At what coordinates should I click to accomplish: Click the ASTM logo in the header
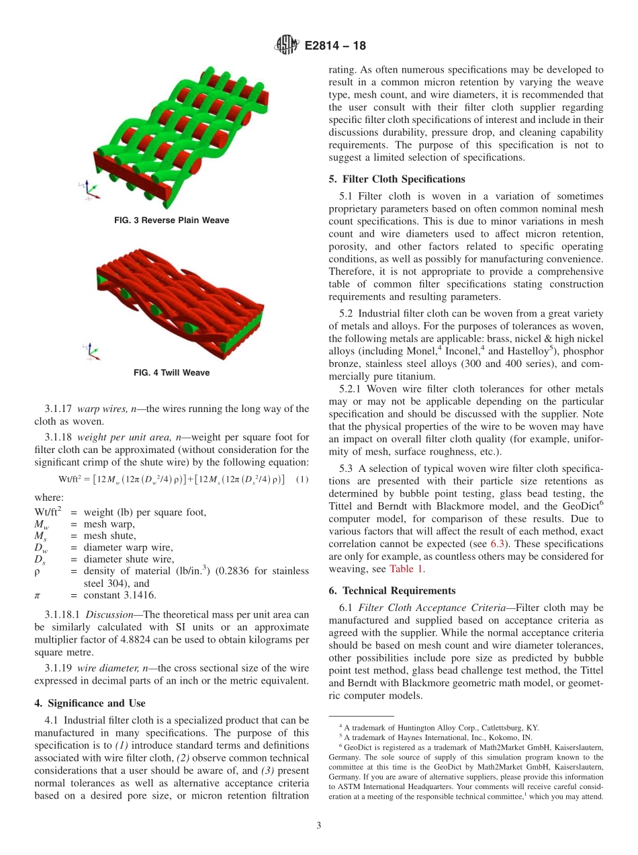pyautogui.click(x=287, y=46)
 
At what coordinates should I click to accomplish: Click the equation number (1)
pyautogui.click(x=302, y=479)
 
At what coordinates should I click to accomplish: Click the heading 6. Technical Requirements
pyautogui.click(x=392, y=590)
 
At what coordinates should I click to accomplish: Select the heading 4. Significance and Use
pyautogui.click(x=89, y=703)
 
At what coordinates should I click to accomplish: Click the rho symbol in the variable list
pyautogui.click(x=38, y=571)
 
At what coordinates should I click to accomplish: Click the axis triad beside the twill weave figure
pyautogui.click(x=89, y=350)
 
